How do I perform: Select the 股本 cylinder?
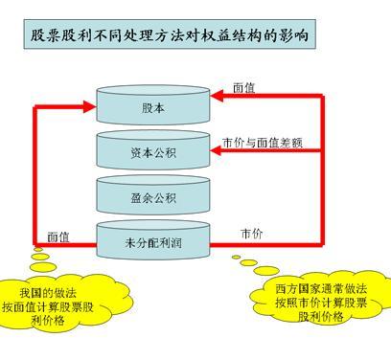[153, 107]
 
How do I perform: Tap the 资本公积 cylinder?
[153, 152]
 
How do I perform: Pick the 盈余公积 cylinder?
[153, 197]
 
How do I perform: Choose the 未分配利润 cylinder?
[153, 241]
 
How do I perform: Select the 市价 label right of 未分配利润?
[252, 233]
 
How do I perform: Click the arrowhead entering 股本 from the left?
[92, 106]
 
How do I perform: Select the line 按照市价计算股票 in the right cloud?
[320, 303]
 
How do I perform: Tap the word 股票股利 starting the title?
[58, 35]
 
